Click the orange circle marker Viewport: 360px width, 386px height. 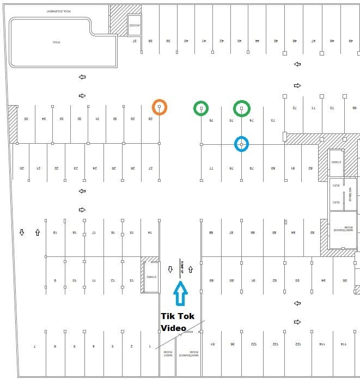[x=159, y=107]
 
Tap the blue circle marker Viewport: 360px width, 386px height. [x=241, y=144]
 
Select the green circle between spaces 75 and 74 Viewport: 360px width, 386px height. [x=241, y=108]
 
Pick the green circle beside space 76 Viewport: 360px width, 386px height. [x=202, y=108]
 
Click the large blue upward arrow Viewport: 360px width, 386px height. [x=180, y=295]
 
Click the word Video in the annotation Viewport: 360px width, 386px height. [x=173, y=328]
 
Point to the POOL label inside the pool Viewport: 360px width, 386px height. [x=56, y=42]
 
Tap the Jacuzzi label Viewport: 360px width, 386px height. [x=134, y=26]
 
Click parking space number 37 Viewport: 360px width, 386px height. [x=135, y=41]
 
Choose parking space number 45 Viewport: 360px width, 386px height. [x=276, y=41]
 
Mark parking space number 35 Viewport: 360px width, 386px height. [x=26, y=119]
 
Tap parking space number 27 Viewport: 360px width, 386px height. [x=150, y=168]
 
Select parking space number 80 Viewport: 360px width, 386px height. [x=273, y=168]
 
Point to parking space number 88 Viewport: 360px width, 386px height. [x=211, y=232]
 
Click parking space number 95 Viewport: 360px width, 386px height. [x=345, y=281]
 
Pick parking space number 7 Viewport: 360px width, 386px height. [x=35, y=346]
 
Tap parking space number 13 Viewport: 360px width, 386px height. [x=131, y=281]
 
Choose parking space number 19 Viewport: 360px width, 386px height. [x=55, y=232]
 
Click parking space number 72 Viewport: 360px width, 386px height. [x=294, y=107]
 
